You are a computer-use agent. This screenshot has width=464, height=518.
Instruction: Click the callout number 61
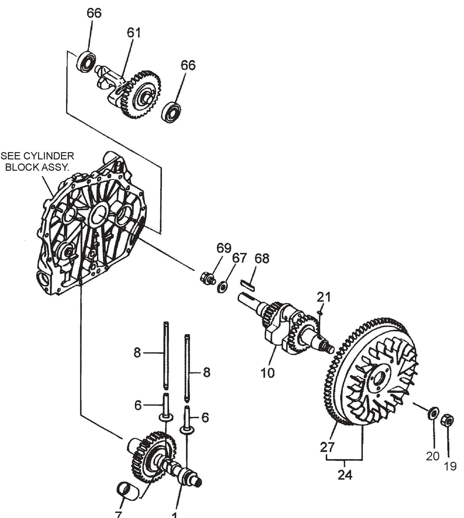click(134, 33)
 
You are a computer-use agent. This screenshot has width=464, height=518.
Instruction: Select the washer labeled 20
click(433, 413)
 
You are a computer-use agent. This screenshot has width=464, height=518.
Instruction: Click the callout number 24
click(345, 474)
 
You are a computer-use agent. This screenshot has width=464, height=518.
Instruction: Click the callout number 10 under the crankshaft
click(267, 373)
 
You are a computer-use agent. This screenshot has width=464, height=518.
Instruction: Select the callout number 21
click(324, 297)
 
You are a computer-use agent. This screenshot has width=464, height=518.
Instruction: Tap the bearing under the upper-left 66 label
click(86, 60)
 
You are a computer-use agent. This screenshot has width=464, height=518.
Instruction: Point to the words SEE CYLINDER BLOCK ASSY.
click(38, 162)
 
